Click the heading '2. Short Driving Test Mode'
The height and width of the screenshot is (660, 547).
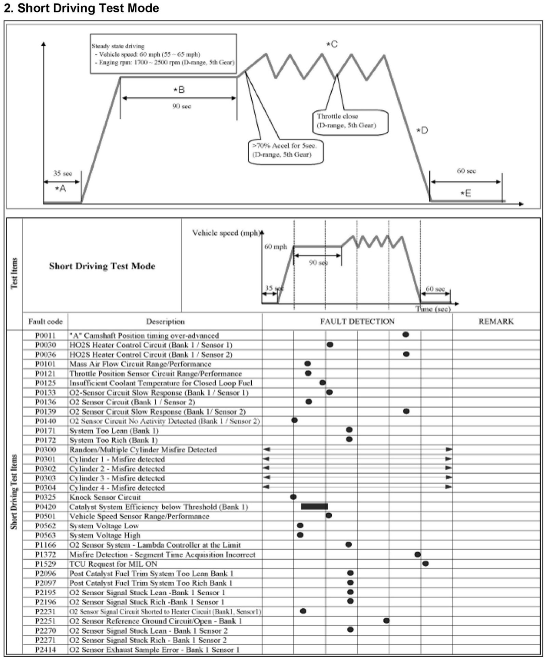[81, 8]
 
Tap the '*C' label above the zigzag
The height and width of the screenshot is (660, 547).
[332, 44]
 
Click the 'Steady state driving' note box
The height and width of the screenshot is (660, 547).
[163, 53]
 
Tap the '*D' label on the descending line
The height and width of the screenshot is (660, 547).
[422, 130]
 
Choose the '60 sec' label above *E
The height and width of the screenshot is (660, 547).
[466, 171]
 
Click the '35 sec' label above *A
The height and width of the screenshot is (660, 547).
[63, 173]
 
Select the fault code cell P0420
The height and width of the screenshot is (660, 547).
[45, 507]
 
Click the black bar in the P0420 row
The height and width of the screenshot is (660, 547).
[314, 506]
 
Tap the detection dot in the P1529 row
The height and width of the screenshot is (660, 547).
[425, 564]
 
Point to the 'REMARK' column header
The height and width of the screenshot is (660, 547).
[496, 321]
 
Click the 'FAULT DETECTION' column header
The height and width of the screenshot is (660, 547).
[357, 321]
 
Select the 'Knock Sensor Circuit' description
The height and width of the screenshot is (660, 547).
[105, 497]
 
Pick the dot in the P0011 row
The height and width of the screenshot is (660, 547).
[405, 335]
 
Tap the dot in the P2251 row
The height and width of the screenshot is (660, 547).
[386, 621]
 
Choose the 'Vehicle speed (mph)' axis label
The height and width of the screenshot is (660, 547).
[226, 233]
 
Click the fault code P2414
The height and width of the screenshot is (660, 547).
[45, 650]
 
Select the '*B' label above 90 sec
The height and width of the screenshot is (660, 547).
[179, 90]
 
